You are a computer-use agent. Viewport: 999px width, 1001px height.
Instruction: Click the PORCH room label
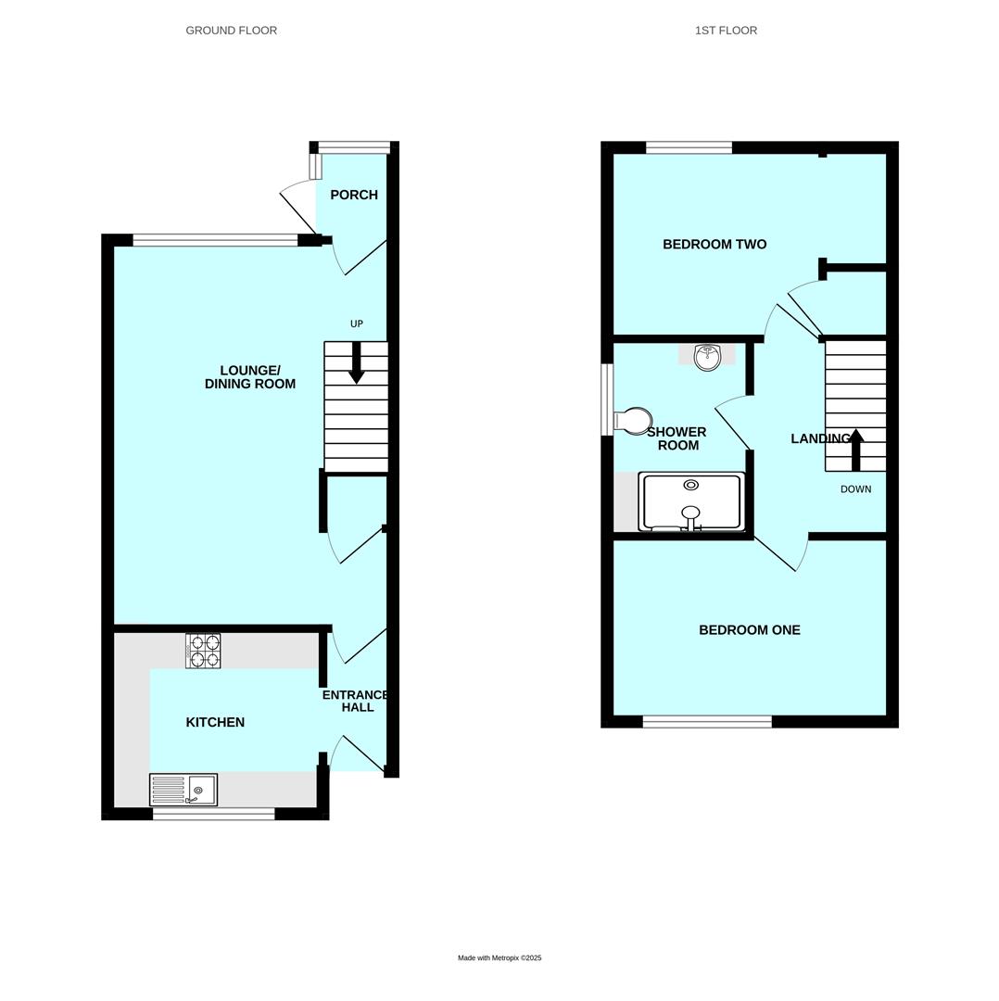pos(354,195)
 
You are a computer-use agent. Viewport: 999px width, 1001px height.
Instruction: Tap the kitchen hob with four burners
pos(203,651)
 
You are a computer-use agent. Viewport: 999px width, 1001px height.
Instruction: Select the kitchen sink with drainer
pos(183,790)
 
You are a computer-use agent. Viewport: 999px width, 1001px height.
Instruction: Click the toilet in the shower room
pos(633,422)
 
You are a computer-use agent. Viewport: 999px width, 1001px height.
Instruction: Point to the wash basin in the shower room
pos(707,356)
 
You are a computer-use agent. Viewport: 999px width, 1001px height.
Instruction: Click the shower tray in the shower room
pos(691,502)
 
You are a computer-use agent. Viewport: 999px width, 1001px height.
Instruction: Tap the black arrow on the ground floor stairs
pos(356,362)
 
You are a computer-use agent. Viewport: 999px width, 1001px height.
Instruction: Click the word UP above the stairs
pos(357,323)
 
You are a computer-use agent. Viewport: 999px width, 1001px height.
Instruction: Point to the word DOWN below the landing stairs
pos(855,488)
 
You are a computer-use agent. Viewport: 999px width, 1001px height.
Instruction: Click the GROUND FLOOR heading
pos(232,31)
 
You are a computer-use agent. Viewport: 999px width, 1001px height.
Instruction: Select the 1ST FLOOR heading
pos(726,31)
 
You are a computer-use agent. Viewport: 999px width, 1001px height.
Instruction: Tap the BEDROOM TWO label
pos(714,245)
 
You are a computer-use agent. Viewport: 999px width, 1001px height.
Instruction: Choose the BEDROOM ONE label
pos(749,630)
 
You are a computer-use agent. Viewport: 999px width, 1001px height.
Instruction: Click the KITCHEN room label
pos(215,722)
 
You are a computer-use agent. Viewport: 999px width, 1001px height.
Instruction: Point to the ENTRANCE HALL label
pos(356,701)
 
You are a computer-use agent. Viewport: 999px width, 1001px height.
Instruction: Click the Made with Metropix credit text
pos(499,957)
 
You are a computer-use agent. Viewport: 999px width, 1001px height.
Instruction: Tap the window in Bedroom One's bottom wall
pos(707,722)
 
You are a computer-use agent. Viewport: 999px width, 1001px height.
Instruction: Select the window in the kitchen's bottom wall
pos(213,814)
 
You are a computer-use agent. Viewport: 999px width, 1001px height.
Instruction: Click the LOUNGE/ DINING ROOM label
pos(250,377)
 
